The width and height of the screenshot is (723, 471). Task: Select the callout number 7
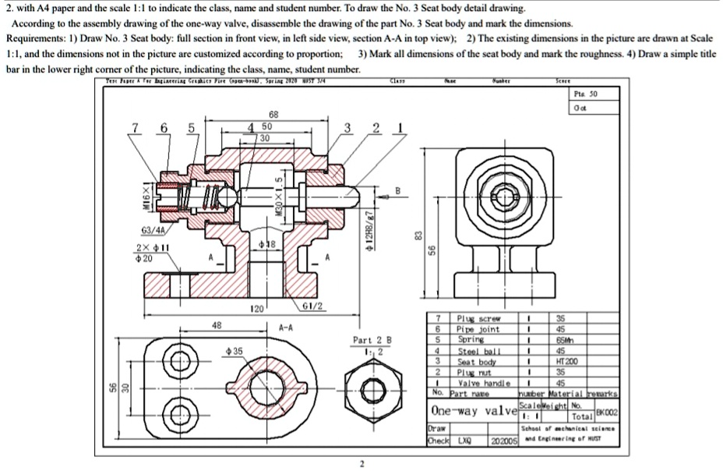(x=137, y=128)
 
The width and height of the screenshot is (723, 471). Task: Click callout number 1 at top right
(x=400, y=128)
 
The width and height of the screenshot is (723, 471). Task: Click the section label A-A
(x=287, y=328)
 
